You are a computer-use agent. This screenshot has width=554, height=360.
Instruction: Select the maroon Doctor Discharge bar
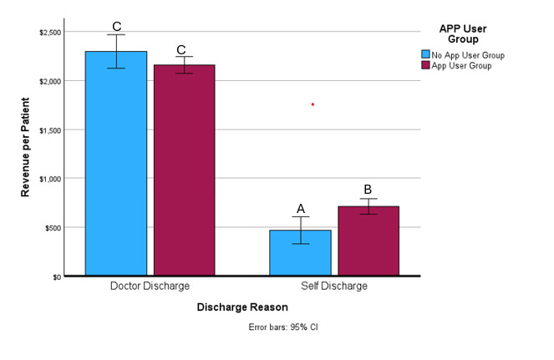181,171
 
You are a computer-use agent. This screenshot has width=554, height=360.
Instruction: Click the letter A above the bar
300,209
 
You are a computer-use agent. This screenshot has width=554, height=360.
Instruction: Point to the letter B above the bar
368,190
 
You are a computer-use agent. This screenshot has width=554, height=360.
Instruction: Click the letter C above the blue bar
117,27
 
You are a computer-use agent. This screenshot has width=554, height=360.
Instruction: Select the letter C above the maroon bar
181,49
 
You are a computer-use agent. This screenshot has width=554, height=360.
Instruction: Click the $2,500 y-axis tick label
49,32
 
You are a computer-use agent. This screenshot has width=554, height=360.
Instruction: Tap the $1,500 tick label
49,129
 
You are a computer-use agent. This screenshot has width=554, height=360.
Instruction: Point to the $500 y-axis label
52,227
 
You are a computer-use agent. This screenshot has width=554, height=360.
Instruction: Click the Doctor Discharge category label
150,286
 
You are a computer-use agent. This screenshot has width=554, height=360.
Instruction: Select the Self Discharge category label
334,286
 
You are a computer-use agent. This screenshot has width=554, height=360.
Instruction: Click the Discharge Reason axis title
241,307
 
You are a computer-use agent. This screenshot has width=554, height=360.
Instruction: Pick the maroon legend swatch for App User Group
425,66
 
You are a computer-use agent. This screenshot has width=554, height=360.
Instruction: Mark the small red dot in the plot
313,104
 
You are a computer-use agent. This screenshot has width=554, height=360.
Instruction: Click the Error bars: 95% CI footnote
283,327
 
